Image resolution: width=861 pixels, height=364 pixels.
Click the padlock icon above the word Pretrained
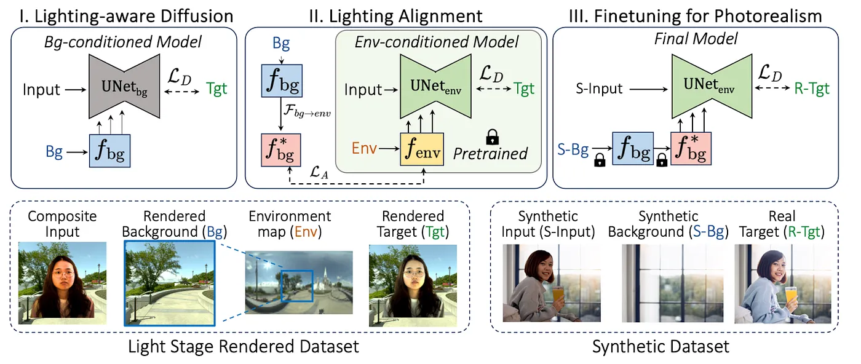(x=491, y=136)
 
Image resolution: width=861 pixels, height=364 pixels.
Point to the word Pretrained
(x=490, y=154)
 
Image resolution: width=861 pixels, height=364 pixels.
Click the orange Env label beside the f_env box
(x=365, y=149)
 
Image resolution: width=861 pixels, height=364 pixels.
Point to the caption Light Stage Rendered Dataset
(x=243, y=347)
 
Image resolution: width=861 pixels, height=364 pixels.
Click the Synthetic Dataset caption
(x=661, y=347)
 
